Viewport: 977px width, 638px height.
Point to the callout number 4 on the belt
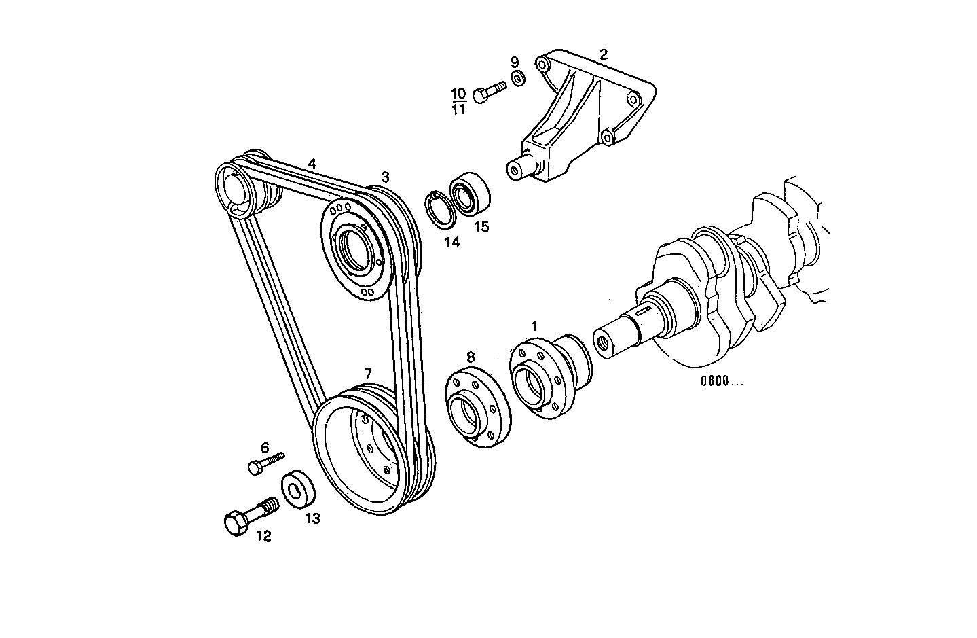point(312,164)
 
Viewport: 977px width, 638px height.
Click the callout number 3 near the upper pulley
point(385,177)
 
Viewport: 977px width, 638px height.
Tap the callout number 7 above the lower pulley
point(368,374)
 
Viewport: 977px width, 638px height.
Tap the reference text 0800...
point(722,381)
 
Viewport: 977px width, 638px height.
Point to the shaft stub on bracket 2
point(521,168)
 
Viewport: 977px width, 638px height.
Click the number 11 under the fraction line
point(458,109)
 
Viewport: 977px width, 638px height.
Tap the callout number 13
point(312,518)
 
